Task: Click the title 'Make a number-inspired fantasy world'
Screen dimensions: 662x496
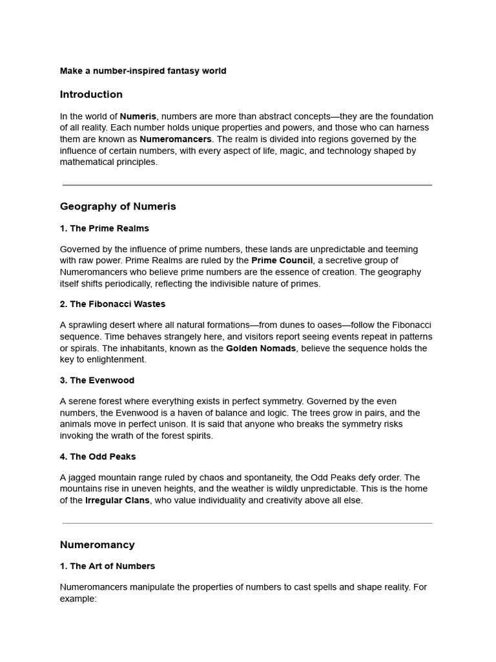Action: click(143, 71)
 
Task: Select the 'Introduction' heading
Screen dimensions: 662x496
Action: click(91, 94)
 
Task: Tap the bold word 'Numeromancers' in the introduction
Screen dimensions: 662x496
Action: click(176, 139)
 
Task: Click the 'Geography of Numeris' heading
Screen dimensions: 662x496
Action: click(118, 207)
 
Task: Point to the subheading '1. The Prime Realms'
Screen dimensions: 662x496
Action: click(105, 228)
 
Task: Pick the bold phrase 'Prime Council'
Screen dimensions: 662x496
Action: click(282, 261)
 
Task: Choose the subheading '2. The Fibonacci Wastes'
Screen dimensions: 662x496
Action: click(112, 304)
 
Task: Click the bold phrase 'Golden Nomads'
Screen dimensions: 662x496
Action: click(262, 348)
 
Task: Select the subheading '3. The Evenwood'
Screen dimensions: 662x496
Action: click(97, 380)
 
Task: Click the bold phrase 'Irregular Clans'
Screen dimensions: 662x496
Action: click(118, 500)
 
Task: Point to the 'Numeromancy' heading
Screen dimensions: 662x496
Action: click(98, 545)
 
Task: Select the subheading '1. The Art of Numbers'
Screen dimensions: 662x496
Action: click(107, 566)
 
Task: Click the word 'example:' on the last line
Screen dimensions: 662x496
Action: click(78, 599)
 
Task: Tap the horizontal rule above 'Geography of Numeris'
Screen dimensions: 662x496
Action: click(247, 186)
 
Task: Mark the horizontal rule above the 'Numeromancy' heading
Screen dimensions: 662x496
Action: click(247, 523)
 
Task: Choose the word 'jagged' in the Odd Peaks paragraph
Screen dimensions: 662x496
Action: click(81, 478)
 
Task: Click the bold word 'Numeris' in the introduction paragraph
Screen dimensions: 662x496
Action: click(138, 116)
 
